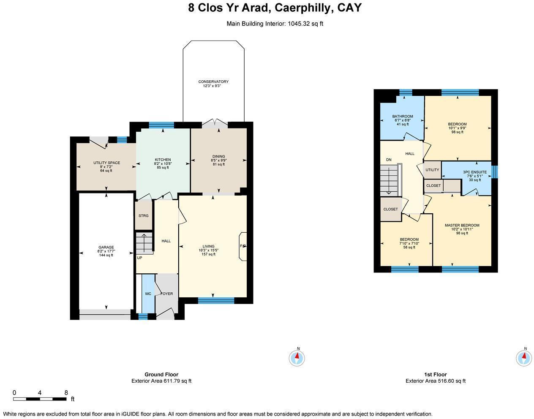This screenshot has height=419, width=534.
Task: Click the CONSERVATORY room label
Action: point(213,82)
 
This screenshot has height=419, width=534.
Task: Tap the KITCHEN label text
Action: point(163,160)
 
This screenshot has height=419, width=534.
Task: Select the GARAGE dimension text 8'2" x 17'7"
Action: point(106,251)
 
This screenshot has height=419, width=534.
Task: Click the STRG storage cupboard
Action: point(144,216)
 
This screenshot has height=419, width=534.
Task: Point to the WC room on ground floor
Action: point(148,294)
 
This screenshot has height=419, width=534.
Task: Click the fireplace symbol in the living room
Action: point(243,246)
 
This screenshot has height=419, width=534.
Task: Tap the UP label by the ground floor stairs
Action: point(139,258)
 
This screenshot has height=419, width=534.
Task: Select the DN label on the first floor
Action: point(389,160)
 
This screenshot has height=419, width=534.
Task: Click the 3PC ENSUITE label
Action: point(474,172)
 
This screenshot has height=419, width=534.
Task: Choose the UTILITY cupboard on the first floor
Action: point(432,170)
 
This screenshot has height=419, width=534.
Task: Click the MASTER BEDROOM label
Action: point(462,225)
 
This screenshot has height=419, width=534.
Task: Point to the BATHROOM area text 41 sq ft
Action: point(402,124)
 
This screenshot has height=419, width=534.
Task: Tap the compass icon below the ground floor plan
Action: point(297,358)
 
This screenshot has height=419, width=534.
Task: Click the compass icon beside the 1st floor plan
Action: point(524,358)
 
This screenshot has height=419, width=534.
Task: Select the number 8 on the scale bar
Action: point(66,392)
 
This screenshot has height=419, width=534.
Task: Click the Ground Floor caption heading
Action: point(161,374)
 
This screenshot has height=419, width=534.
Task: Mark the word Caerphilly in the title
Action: point(303,8)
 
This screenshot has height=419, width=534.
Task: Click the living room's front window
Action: point(216,300)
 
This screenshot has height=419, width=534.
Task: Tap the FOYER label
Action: point(167,294)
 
